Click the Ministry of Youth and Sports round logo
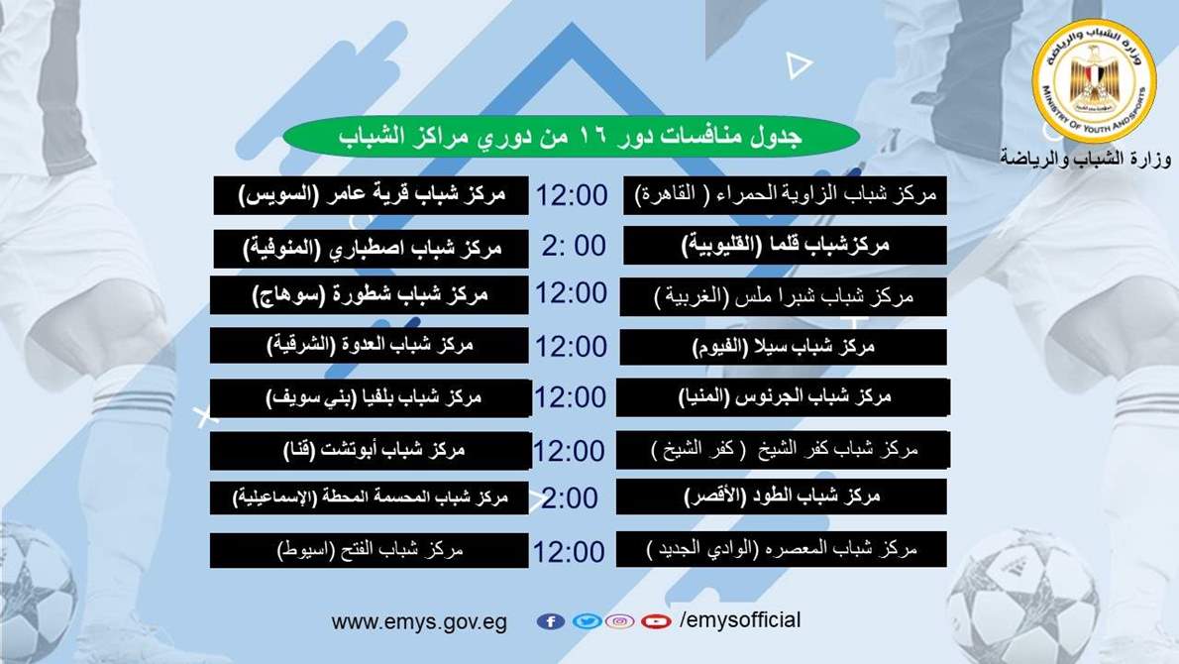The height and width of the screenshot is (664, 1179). coord(1094,81)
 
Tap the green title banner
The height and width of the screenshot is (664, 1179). coord(572,137)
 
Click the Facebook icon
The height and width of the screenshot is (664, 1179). coord(551,621)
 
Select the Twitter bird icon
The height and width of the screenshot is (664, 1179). coord(587,621)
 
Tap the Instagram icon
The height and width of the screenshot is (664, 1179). coord(619,621)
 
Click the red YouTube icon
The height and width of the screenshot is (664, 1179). coord(656,621)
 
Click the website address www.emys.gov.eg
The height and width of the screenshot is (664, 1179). coord(419,622)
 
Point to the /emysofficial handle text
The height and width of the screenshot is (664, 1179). coord(740,620)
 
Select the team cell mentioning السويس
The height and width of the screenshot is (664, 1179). coord(372,195)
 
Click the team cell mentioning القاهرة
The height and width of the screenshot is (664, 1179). coord(785,195)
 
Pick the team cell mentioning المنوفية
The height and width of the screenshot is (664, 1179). coord(372,248)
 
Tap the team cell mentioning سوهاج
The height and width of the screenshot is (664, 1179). coord(370,294)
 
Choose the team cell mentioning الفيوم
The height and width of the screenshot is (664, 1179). coord(783,347)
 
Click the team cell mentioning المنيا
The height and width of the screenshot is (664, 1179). coord(783,397)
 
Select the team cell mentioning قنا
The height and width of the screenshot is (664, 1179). coord(371,451)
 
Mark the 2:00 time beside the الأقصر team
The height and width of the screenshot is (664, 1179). coord(570,498)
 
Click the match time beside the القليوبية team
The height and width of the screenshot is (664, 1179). coord(574,246)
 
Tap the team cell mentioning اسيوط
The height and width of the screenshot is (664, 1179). coord(370,550)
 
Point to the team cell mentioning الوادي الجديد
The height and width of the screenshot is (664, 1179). coord(782,549)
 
